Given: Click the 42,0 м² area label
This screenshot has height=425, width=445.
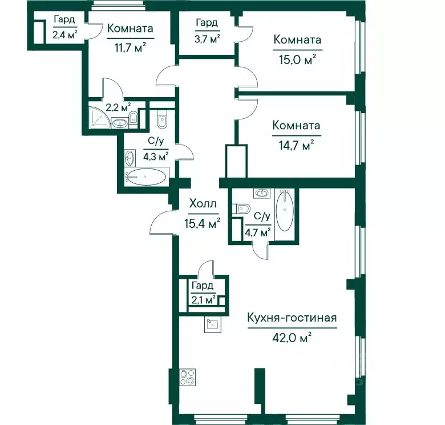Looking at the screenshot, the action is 292,338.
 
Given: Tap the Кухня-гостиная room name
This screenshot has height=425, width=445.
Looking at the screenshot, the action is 292,318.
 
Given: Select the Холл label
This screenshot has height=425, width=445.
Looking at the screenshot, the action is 203,204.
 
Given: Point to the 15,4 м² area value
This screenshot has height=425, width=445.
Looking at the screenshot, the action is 203,223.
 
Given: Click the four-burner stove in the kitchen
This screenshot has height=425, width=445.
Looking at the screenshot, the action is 188,377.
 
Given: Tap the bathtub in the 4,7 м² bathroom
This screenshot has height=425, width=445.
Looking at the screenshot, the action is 285,210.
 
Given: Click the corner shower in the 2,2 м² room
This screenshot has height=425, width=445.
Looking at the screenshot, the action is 99,118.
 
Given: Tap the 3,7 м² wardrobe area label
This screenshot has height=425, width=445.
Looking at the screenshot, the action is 207,39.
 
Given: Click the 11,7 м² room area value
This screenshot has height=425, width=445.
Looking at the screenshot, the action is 130,47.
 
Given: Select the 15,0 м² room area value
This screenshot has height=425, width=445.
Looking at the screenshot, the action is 298,59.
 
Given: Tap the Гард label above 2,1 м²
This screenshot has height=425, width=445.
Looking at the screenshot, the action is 203,286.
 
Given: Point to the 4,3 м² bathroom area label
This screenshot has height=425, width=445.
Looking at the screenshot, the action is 156,156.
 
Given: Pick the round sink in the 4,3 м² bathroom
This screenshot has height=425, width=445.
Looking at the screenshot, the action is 130,158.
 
